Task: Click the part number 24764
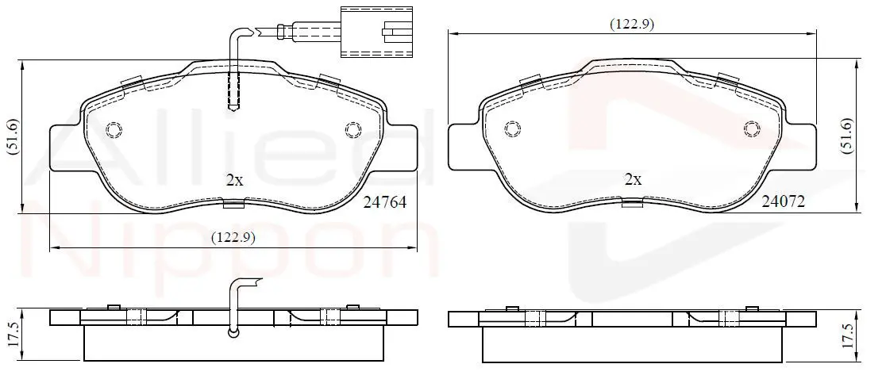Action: point(386,202)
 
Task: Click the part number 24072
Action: point(783,201)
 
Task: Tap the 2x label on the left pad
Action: point(234,180)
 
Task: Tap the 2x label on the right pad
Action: point(633,179)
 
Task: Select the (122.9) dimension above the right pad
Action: point(632,25)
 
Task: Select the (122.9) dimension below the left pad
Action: point(233,237)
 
